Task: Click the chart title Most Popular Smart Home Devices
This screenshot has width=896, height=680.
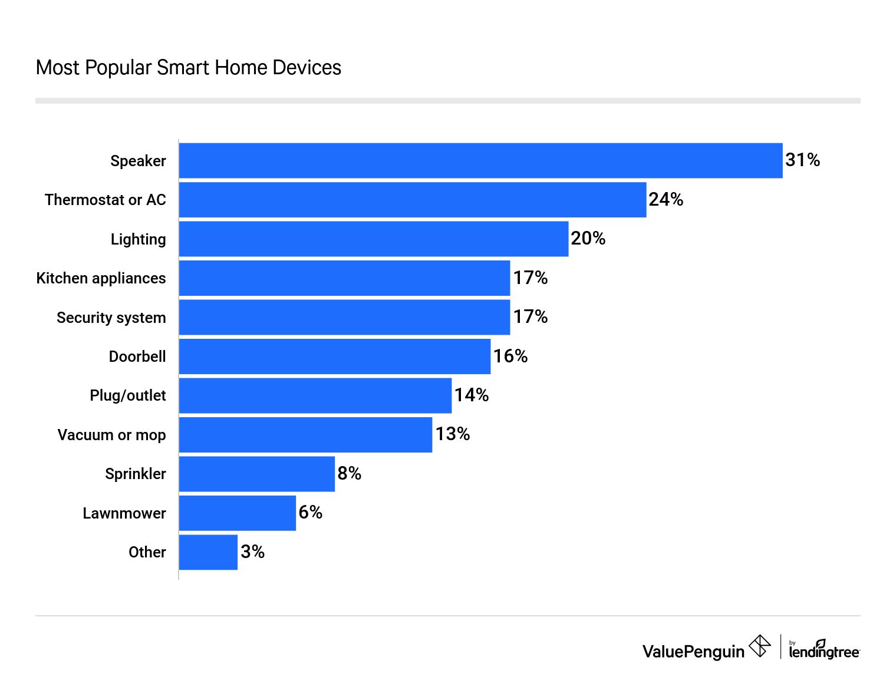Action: [188, 68]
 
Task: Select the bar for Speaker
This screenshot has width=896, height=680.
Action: [480, 160]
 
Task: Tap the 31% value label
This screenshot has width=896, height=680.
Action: [802, 160]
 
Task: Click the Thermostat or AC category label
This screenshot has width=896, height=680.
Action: [106, 200]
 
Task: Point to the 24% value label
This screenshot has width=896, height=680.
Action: [666, 200]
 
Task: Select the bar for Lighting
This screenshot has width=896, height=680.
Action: [373, 239]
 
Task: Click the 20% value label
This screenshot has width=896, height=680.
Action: [588, 239]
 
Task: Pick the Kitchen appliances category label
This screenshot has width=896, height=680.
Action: [101, 278]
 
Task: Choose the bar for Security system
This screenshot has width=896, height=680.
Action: [344, 317]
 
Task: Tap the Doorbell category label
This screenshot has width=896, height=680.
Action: [137, 356]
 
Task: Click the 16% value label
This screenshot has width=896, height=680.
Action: [510, 356]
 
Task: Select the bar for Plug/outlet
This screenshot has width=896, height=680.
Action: [315, 395]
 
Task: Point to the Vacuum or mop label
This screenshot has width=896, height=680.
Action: [111, 435]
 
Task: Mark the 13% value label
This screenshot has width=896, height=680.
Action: [452, 434]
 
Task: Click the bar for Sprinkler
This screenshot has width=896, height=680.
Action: [256, 474]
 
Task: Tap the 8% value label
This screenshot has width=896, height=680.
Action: [349, 473]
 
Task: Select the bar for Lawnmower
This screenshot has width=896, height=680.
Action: [237, 513]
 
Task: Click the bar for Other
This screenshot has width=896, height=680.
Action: [208, 552]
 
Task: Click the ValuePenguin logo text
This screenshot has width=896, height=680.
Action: [693, 651]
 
